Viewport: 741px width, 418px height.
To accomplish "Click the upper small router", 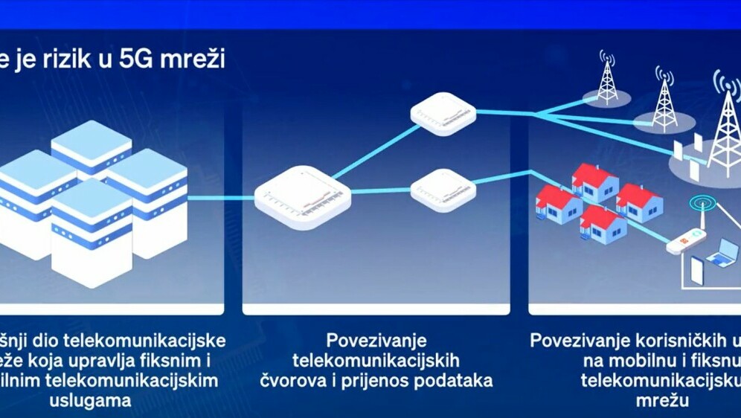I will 443,114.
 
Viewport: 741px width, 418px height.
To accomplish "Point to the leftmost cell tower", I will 607,78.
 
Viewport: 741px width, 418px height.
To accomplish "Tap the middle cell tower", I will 664,100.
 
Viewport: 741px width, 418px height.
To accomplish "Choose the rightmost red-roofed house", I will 638,202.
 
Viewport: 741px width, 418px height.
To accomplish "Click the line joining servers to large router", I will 221,198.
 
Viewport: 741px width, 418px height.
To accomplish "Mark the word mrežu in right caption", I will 658,401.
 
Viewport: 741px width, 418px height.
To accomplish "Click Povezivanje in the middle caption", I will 376,341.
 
